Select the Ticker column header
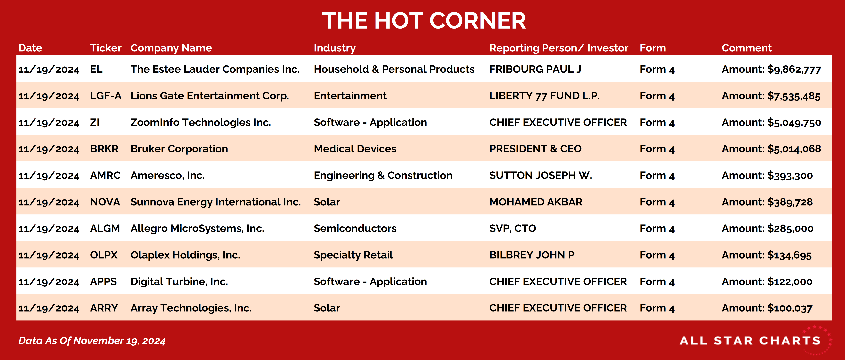pos(106,48)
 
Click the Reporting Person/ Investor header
pos(559,48)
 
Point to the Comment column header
pos(747,48)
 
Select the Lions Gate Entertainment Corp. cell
pos(210,96)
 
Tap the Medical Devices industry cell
pos(355,149)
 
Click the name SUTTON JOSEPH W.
pos(541,175)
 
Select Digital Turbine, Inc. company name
pos(179,282)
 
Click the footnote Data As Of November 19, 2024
pos(92,341)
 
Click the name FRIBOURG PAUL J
pos(535,69)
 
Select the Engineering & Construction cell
pos(383,175)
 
